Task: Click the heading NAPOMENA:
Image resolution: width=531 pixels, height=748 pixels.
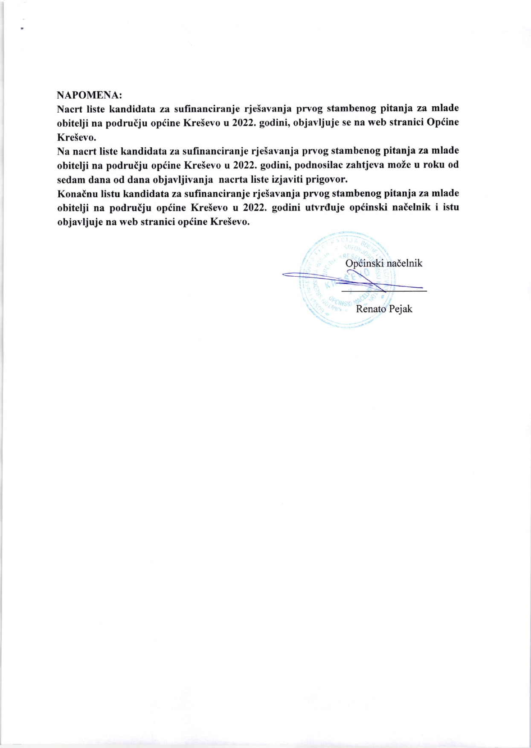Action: [90, 94]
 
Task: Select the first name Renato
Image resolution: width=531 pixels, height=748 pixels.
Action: [371, 309]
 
